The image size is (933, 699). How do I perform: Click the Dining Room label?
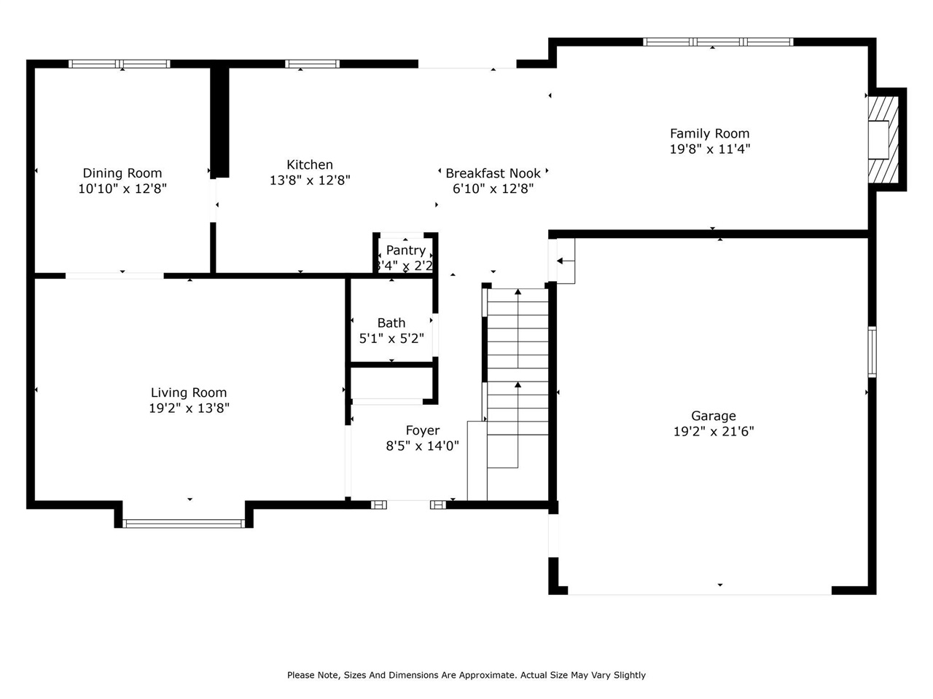tap(122, 173)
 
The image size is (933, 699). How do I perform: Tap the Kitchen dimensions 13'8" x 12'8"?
tap(310, 181)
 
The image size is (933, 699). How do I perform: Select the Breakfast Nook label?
tap(493, 173)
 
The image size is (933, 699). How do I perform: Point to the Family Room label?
tap(709, 133)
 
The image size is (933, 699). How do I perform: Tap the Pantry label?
tap(406, 250)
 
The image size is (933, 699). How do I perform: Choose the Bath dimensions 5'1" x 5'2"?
tap(391, 339)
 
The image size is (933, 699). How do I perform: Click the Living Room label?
tap(189, 393)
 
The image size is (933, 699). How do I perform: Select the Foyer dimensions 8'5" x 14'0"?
tap(422, 446)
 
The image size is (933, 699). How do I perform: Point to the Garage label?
tap(713, 416)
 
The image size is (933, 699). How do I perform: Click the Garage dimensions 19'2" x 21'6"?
tap(713, 432)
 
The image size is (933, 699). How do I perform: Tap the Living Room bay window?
tap(184, 523)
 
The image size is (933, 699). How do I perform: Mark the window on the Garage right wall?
tap(872, 352)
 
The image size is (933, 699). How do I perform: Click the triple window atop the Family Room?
tap(718, 42)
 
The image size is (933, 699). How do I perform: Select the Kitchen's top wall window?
tap(312, 64)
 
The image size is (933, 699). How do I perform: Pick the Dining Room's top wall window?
tap(120, 64)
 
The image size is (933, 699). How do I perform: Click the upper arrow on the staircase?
tap(518, 328)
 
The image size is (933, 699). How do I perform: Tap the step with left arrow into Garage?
tap(565, 261)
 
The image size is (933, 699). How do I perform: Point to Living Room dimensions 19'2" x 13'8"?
tap(189, 409)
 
